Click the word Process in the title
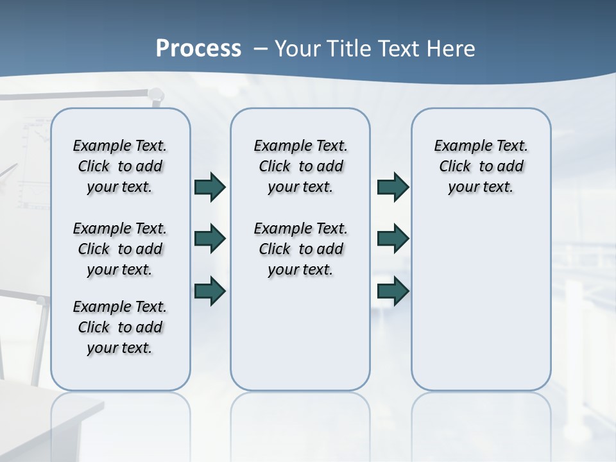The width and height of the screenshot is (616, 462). [x=198, y=49]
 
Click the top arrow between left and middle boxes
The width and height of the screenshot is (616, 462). [x=210, y=187]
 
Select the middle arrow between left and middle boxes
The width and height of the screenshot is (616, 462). [x=210, y=239]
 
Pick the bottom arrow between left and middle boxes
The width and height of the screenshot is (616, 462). [x=210, y=291]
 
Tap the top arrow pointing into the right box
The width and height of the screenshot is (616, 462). [x=393, y=187]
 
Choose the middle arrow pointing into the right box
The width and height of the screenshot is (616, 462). [x=393, y=239]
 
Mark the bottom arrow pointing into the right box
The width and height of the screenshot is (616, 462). [x=393, y=291]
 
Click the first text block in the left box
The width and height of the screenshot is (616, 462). [x=120, y=166]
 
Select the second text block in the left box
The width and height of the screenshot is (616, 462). [x=120, y=249]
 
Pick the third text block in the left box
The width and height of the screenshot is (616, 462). [x=120, y=327]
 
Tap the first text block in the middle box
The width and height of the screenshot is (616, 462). [x=300, y=166]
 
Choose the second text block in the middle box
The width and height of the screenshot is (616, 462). [x=300, y=249]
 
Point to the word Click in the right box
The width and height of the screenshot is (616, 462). [x=455, y=167]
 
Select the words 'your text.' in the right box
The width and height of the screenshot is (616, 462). [x=481, y=187]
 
